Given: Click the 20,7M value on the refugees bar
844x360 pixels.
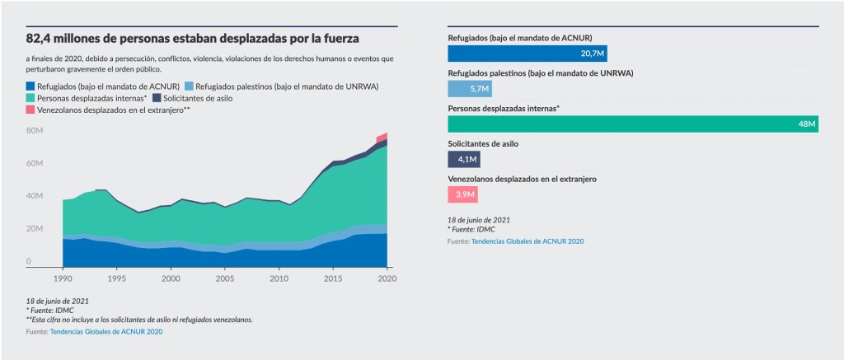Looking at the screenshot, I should pyautogui.click(x=593, y=54).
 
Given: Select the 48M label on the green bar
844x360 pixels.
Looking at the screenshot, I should pyautogui.click(x=806, y=124).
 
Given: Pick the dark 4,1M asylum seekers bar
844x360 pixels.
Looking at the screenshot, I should pyautogui.click(x=464, y=160).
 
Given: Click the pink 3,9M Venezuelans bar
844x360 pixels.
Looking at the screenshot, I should pyautogui.click(x=462, y=195).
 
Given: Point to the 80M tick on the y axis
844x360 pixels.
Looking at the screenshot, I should pyautogui.click(x=34, y=131).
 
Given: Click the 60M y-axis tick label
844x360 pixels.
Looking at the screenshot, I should pyautogui.click(x=34, y=164).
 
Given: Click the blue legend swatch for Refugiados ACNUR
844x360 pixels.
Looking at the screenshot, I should pyautogui.click(x=30, y=86).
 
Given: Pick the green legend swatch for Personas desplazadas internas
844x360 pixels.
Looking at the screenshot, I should pyautogui.click(x=30, y=98).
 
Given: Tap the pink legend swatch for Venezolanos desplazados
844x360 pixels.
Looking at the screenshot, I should pyautogui.click(x=30, y=110).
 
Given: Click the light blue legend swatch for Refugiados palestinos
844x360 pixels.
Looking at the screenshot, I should pyautogui.click(x=189, y=86).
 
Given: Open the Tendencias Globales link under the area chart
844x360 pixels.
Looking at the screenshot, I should pyautogui.click(x=106, y=331).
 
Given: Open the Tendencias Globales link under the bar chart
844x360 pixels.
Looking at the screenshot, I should pyautogui.click(x=527, y=241).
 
